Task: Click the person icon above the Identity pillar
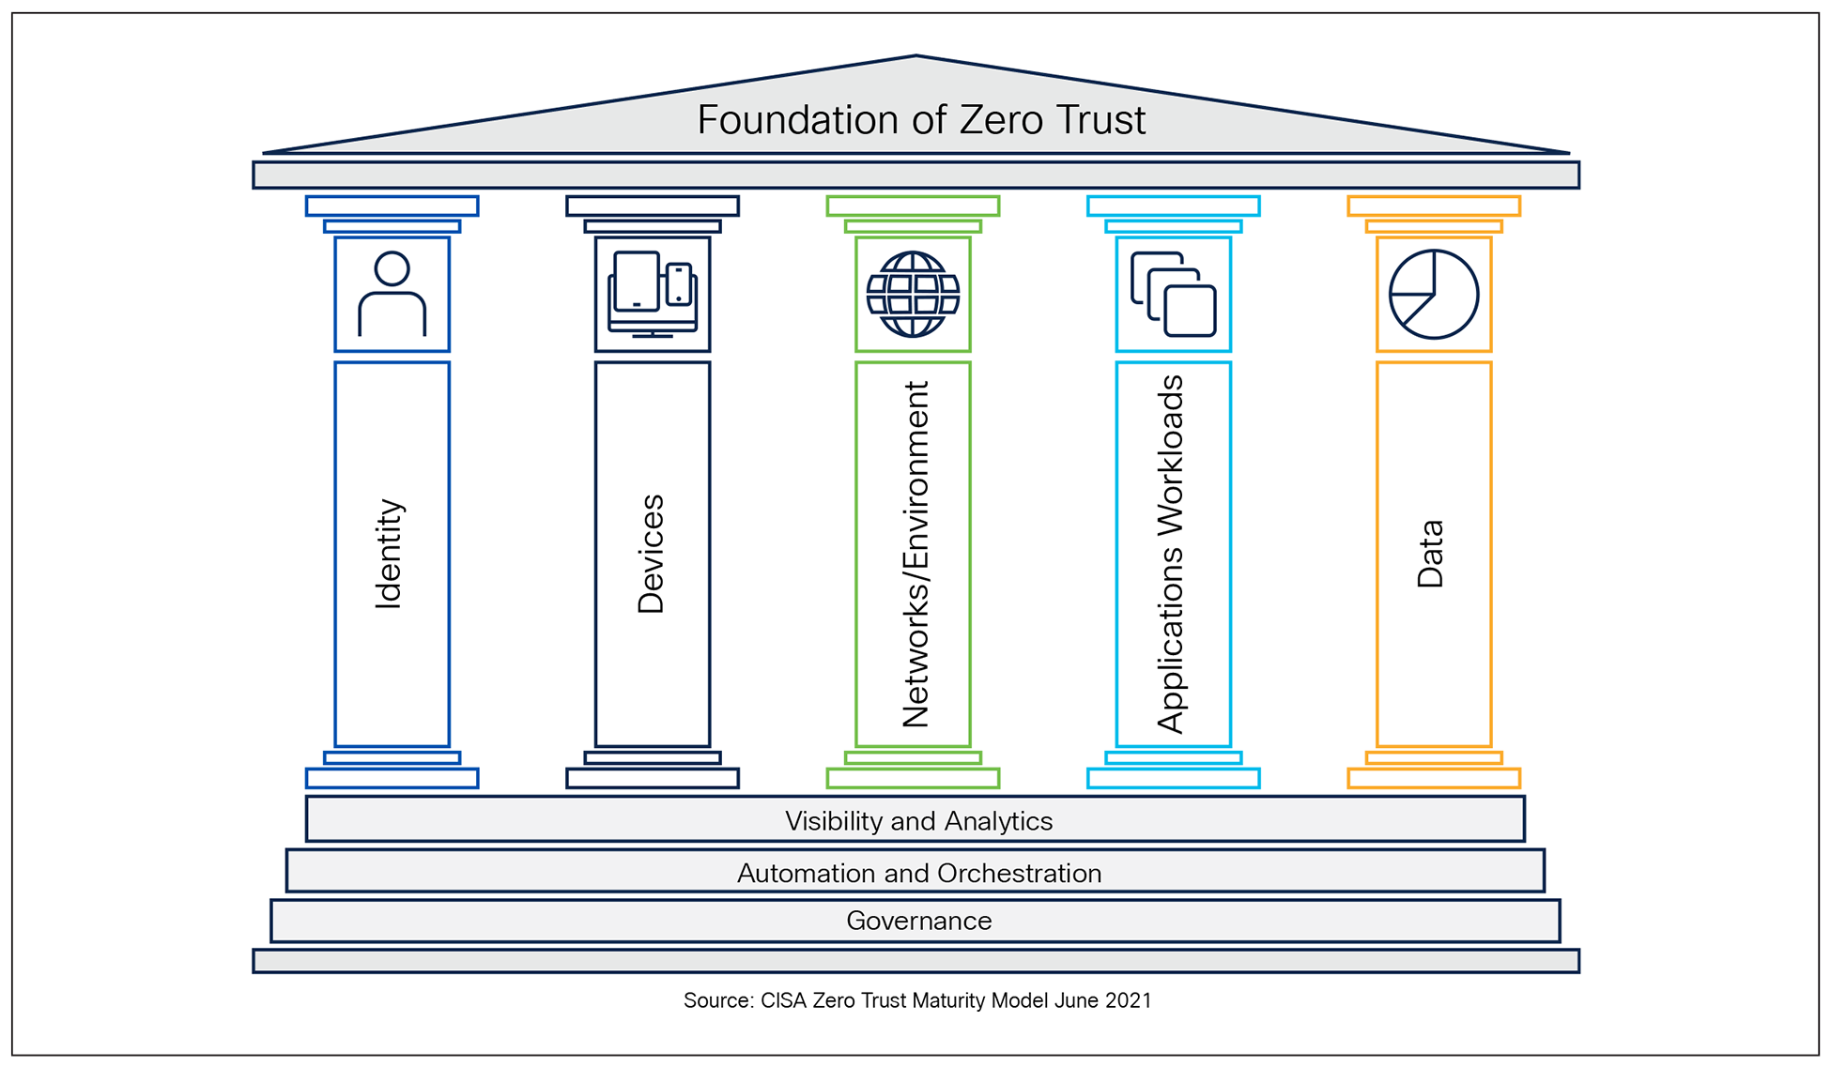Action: (392, 294)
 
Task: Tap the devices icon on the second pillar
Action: (653, 294)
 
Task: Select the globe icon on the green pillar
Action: (913, 294)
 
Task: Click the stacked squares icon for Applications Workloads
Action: (1174, 294)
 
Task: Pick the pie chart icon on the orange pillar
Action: (1434, 294)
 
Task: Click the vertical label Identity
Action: (389, 554)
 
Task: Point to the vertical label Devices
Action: (651, 554)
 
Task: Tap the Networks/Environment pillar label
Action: (915, 554)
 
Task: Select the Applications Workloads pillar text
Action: (1171, 554)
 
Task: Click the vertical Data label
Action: (1430, 554)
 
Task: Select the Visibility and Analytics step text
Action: (918, 821)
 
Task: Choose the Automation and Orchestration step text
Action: (918, 874)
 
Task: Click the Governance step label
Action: (918, 921)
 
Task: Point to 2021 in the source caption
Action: (1128, 1000)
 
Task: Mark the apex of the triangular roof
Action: (915, 57)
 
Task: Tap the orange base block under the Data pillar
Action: (1434, 778)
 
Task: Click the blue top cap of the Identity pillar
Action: (392, 206)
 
